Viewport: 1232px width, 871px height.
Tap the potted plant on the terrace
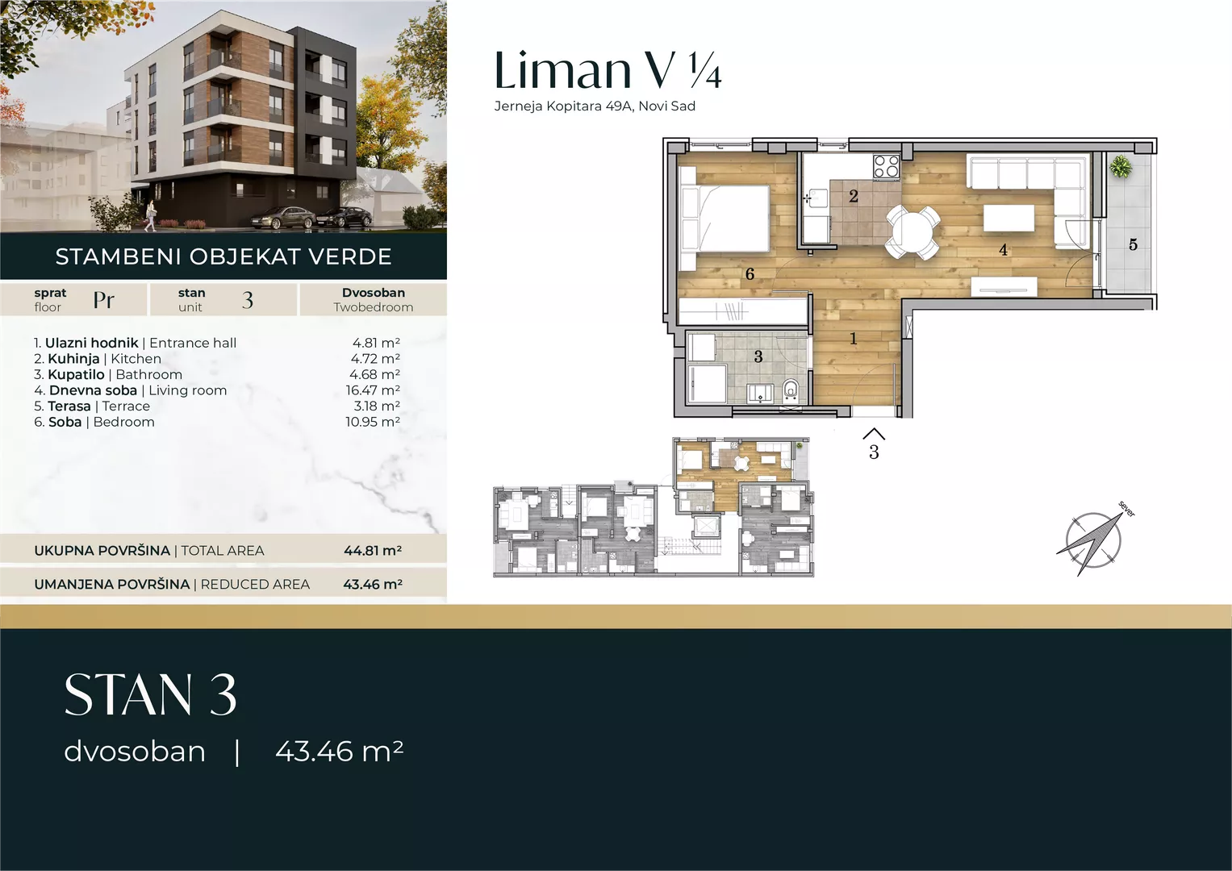[x=1120, y=165]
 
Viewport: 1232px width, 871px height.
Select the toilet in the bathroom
[x=791, y=391]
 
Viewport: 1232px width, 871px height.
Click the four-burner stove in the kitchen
[x=887, y=166]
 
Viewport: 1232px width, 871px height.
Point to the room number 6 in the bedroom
[x=750, y=274]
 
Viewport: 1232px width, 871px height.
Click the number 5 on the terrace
[x=1133, y=244]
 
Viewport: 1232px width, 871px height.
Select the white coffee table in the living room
[x=1009, y=218]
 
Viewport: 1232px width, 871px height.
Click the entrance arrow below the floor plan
[x=874, y=434]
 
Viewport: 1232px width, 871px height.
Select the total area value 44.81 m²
[x=373, y=550]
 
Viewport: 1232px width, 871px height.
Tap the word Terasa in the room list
[x=69, y=406]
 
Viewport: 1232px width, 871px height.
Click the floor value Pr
[x=103, y=300]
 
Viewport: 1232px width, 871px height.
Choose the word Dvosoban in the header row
[x=374, y=293]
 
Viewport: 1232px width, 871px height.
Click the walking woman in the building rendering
[x=149, y=215]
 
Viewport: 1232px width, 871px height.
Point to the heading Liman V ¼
[x=608, y=70]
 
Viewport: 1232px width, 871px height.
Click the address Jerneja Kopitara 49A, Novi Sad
[x=595, y=106]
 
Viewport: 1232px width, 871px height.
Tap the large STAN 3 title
[x=150, y=694]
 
